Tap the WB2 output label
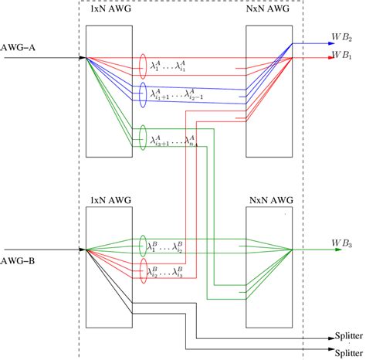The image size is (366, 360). pyautogui.click(x=341, y=37)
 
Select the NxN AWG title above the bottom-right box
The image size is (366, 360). pyautogui.click(x=268, y=202)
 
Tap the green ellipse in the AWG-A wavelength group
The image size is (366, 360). pyautogui.click(x=142, y=138)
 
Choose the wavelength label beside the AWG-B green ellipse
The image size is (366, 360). pyautogui.click(x=165, y=248)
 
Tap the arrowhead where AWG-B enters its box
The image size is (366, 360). pyautogui.click(x=83, y=250)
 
